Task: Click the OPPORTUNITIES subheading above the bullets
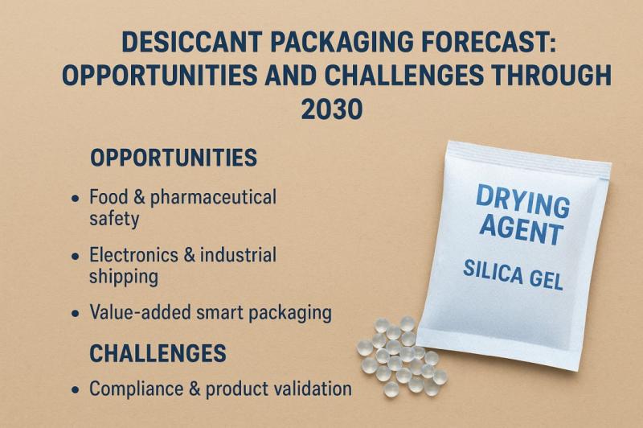tap(174, 157)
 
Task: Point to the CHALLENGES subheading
tap(158, 352)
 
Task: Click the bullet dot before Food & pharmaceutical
tap(76, 198)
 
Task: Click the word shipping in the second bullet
tap(123, 276)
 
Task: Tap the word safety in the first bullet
tap(114, 217)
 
